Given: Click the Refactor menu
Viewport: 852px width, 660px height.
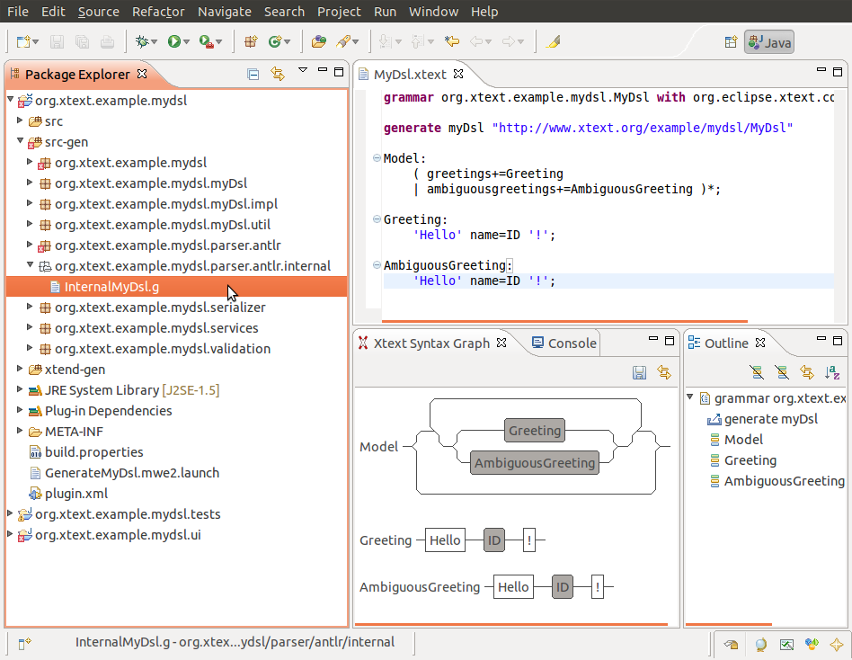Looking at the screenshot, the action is point(158,12).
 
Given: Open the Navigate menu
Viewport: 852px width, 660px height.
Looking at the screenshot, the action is point(225,12).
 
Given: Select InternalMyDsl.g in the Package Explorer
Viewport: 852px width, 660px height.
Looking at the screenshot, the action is point(111,287).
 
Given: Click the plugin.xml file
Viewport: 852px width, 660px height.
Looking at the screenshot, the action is point(76,493).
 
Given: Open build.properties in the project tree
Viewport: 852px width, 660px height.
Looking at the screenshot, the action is point(94,451).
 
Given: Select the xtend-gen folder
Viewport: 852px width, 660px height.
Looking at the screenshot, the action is point(75,370).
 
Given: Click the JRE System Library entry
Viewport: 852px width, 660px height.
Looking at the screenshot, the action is point(132,390).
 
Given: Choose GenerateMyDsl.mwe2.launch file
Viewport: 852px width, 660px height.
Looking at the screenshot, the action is point(132,472).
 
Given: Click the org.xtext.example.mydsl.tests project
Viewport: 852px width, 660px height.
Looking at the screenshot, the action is point(128,513).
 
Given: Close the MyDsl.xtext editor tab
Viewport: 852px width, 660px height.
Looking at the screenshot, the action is point(458,74).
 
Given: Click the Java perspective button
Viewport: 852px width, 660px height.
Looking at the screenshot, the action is point(768,42).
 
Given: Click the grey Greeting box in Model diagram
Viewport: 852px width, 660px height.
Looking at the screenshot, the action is point(535,431).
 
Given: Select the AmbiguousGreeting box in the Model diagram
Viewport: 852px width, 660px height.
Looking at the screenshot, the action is point(535,463).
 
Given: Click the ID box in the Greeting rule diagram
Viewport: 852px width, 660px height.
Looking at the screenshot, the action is point(494,540).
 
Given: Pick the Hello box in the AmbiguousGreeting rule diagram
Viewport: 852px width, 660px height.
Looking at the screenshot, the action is point(513,587).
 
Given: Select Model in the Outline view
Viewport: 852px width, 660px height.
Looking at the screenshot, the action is point(743,440).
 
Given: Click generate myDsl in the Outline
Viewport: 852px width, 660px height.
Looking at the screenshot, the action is point(771,419).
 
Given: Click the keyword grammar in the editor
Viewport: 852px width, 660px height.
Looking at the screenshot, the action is point(409,97).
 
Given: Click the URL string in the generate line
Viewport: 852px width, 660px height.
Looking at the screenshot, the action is point(643,128).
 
